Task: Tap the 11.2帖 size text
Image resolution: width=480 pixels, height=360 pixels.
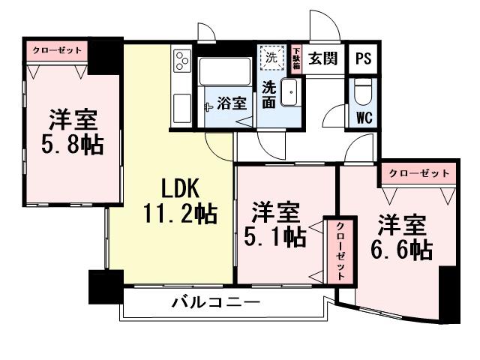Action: click(180, 216)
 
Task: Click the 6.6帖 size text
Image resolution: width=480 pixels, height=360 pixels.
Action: click(402, 248)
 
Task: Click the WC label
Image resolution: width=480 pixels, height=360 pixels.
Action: click(365, 117)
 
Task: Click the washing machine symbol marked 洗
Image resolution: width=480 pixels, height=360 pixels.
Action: click(270, 57)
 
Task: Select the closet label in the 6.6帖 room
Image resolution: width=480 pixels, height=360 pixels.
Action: click(418, 173)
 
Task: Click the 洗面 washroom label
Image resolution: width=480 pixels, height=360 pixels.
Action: click(268, 96)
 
